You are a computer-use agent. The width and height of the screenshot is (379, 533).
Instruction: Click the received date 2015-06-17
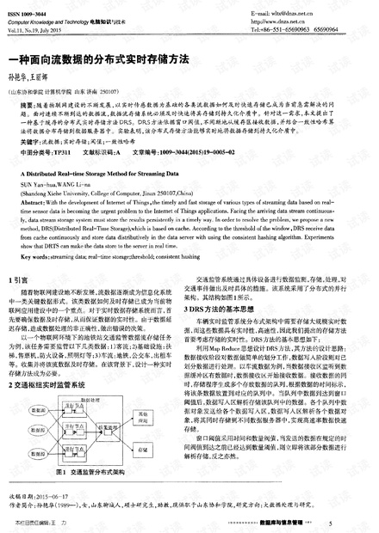pos(55,497)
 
